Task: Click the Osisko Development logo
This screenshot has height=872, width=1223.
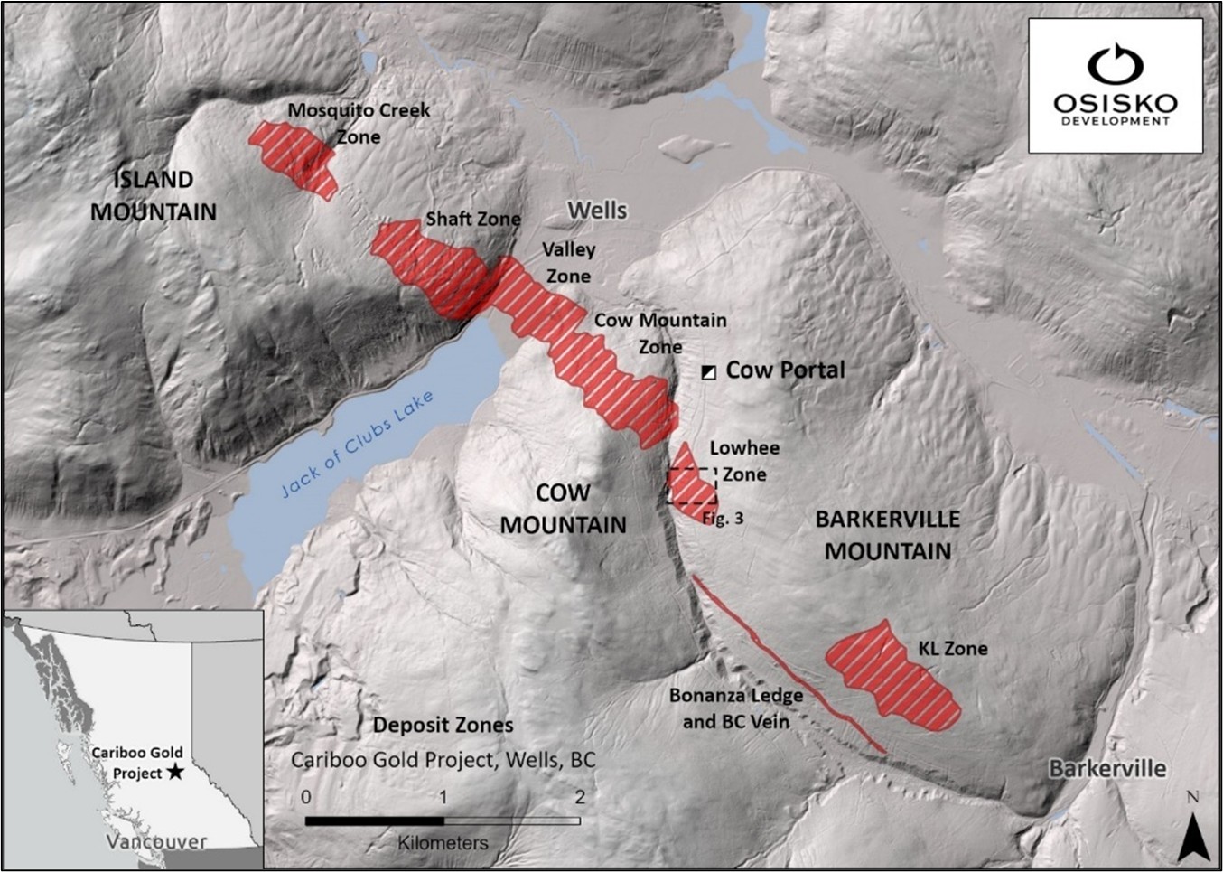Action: point(1116,86)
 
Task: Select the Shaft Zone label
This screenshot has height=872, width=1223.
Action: point(472,219)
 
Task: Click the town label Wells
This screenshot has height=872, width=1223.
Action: point(597,211)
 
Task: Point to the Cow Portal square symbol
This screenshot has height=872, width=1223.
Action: point(709,372)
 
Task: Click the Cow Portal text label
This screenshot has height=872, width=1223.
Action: point(785,370)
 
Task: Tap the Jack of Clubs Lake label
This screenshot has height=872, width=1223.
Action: point(357,445)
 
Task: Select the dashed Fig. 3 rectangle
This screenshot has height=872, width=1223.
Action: point(692,486)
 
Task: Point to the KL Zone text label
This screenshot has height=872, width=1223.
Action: point(952,648)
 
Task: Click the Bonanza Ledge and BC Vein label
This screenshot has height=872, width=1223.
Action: point(735,708)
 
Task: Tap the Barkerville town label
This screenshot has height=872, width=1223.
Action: point(1106,769)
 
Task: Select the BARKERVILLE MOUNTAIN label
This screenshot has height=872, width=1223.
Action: point(887,535)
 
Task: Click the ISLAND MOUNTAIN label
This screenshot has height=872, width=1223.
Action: point(154,195)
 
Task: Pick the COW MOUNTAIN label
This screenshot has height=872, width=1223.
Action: point(563,509)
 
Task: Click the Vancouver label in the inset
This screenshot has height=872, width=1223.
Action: point(155,841)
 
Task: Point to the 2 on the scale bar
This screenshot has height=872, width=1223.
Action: point(579,797)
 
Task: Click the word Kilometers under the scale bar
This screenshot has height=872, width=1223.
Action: point(443,843)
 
